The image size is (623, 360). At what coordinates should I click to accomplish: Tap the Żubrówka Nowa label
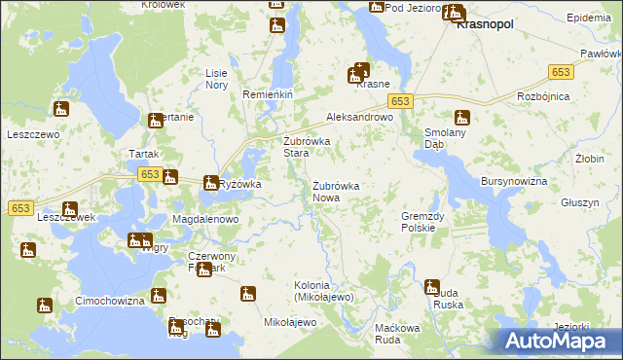[x=338, y=192]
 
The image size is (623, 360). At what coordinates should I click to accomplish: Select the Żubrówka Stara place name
[x=307, y=147]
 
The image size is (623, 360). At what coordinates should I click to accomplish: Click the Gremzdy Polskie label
[x=422, y=222]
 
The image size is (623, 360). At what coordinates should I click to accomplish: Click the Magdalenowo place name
[x=205, y=220]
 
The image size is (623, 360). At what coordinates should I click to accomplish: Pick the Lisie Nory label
[x=216, y=79]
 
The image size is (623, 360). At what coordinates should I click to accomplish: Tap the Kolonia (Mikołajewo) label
[x=326, y=290]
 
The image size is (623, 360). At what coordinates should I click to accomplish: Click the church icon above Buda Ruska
[x=431, y=286]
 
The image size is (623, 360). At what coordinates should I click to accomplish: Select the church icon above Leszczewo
[x=60, y=109]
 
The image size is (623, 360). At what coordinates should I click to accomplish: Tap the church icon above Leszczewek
[x=69, y=208]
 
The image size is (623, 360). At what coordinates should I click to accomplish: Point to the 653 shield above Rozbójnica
[x=561, y=73]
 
